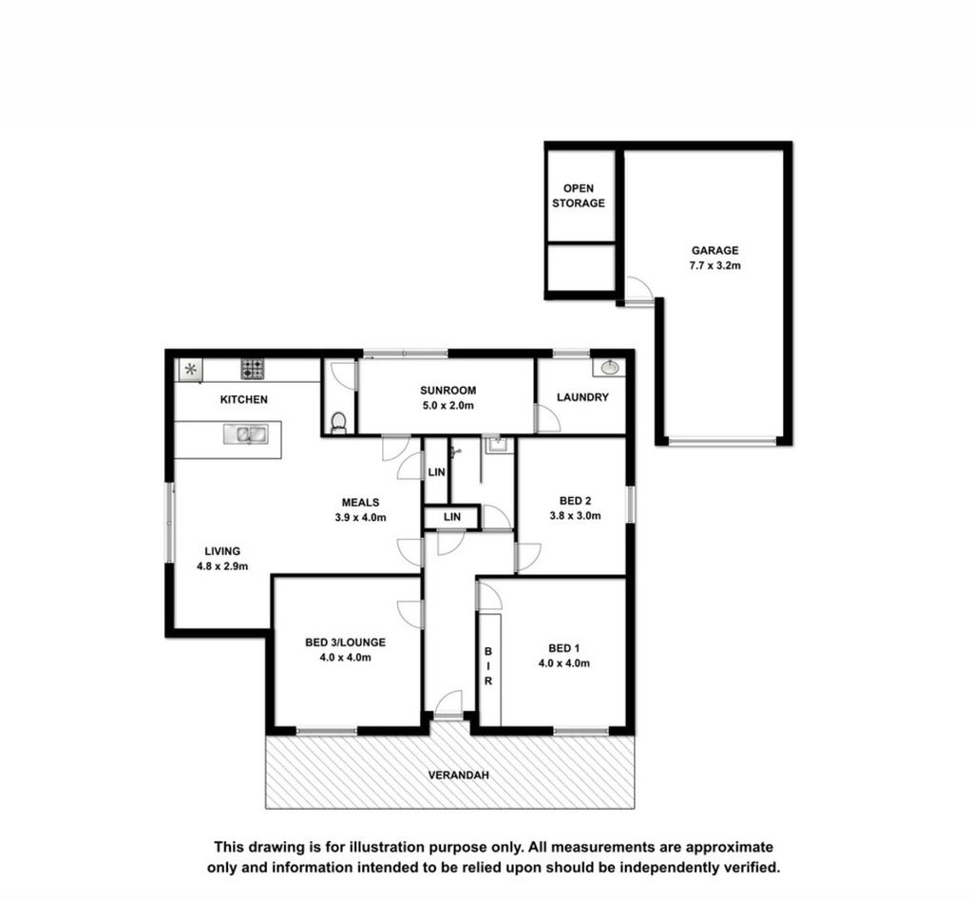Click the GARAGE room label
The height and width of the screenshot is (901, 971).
click(x=714, y=250)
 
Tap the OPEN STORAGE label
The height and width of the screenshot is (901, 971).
click(x=579, y=196)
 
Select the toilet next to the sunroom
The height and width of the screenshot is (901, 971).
click(x=338, y=422)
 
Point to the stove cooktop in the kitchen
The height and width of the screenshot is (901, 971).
click(x=252, y=370)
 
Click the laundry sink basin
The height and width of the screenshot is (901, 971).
click(x=609, y=368)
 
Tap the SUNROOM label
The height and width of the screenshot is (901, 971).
click(x=447, y=391)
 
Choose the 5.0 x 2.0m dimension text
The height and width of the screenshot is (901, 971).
click(x=447, y=406)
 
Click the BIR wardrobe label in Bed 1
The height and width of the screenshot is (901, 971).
click(x=488, y=666)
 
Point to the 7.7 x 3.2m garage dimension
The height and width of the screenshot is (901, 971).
click(x=714, y=266)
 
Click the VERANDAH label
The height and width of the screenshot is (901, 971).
click(x=458, y=776)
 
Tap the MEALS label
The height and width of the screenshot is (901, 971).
click(x=360, y=503)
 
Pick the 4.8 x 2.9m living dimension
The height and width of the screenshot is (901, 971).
click(x=222, y=566)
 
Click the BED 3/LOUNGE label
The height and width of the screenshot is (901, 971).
click(x=345, y=642)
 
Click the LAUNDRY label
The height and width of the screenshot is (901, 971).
click(x=582, y=397)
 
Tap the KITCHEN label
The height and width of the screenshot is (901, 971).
click(x=244, y=400)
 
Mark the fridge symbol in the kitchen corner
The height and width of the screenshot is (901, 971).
click(x=191, y=370)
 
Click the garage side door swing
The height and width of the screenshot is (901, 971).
click(x=638, y=290)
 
